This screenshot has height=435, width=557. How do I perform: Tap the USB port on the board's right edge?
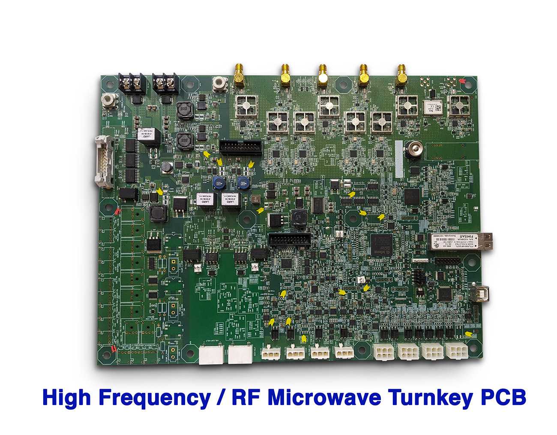click(482, 294)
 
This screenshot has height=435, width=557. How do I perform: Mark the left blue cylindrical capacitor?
click(219, 182)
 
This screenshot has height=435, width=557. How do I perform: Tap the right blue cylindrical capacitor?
click(243, 182)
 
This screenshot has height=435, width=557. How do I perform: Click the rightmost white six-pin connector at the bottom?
click(457, 352)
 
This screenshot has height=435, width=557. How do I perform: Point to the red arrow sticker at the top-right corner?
click(462, 80)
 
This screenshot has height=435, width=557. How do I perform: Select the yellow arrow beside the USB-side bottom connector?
click(469, 334)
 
